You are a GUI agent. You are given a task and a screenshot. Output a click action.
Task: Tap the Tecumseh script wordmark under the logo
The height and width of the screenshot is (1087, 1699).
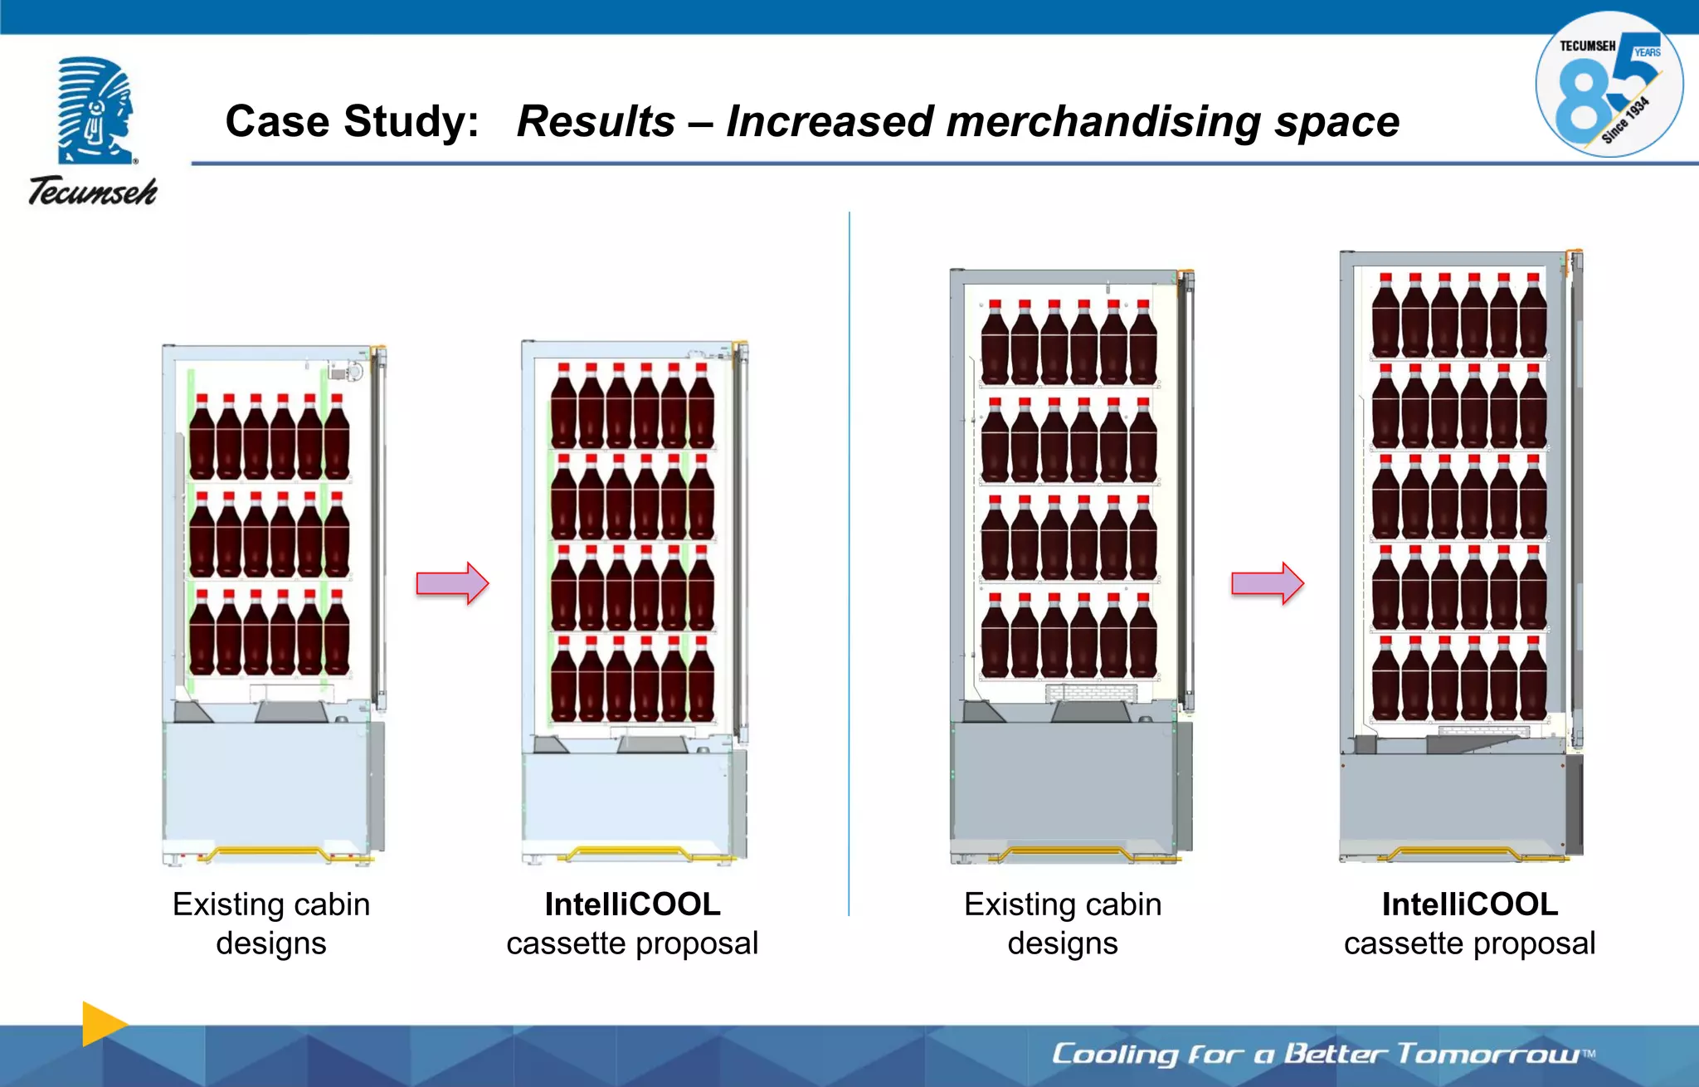click(x=93, y=192)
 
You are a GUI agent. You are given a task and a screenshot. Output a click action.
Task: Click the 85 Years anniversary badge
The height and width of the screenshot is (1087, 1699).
click(x=1609, y=85)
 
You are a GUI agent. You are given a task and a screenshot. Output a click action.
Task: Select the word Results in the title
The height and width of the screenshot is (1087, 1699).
click(x=596, y=122)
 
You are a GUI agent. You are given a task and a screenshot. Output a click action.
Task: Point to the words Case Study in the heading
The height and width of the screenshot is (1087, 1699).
click(x=352, y=122)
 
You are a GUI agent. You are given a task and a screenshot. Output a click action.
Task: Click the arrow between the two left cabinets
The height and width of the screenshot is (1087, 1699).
click(x=452, y=583)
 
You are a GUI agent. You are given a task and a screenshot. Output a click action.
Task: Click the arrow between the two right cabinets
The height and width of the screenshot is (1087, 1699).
click(x=1267, y=583)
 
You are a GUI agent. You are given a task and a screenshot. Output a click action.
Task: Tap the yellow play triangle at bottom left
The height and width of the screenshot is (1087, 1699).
click(x=102, y=1023)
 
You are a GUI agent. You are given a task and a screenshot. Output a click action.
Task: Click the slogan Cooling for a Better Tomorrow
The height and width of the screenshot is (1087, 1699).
click(x=1322, y=1054)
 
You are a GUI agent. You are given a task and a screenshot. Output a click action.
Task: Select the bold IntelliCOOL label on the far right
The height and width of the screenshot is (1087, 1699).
click(x=1469, y=904)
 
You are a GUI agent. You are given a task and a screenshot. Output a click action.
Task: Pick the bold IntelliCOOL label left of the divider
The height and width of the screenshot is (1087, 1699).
click(x=632, y=904)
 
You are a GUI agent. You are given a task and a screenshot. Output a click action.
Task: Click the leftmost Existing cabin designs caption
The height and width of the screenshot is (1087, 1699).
click(x=271, y=924)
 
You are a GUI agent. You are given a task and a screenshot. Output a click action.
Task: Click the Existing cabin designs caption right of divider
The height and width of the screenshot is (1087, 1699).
click(x=1063, y=924)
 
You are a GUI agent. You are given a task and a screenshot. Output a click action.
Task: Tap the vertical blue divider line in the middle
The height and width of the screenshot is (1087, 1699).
click(x=849, y=564)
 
